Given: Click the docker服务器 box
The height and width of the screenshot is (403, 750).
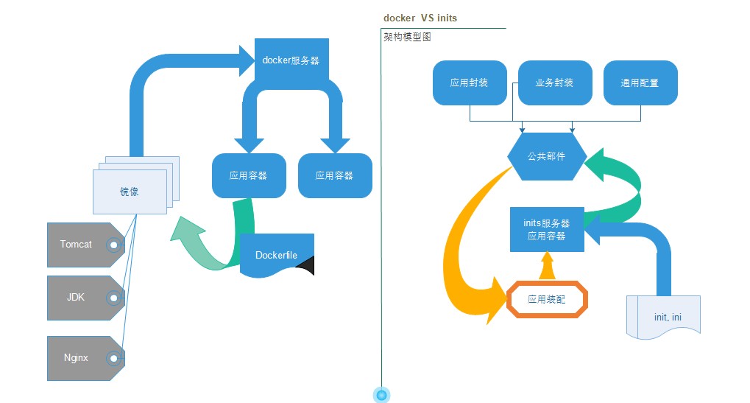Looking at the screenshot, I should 291,60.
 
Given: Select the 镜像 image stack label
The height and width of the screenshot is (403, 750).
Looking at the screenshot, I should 130,192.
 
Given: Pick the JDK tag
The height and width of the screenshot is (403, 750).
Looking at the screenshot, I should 77,298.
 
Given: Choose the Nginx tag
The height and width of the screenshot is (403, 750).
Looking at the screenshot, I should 77,358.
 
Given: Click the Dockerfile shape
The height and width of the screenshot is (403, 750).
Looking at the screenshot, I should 276,255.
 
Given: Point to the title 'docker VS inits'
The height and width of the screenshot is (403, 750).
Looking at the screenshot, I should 425,18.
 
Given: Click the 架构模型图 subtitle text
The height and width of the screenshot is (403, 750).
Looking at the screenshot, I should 407,36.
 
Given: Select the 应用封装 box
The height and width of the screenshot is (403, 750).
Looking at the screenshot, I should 469,83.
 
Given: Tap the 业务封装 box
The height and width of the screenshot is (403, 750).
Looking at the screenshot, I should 555,83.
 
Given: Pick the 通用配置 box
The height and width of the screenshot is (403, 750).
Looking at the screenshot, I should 640,83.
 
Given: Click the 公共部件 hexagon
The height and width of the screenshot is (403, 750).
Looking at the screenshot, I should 547,156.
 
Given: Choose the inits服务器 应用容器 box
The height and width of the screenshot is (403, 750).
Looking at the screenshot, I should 547,229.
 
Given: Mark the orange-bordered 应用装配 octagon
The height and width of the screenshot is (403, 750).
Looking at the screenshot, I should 547,300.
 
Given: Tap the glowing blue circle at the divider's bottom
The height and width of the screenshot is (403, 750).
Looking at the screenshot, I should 381,396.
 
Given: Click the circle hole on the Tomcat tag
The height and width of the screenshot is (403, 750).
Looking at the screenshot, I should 114,245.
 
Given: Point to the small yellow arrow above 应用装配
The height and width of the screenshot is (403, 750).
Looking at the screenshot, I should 547,266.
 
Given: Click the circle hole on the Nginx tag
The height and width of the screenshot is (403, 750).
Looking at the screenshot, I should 114,359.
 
